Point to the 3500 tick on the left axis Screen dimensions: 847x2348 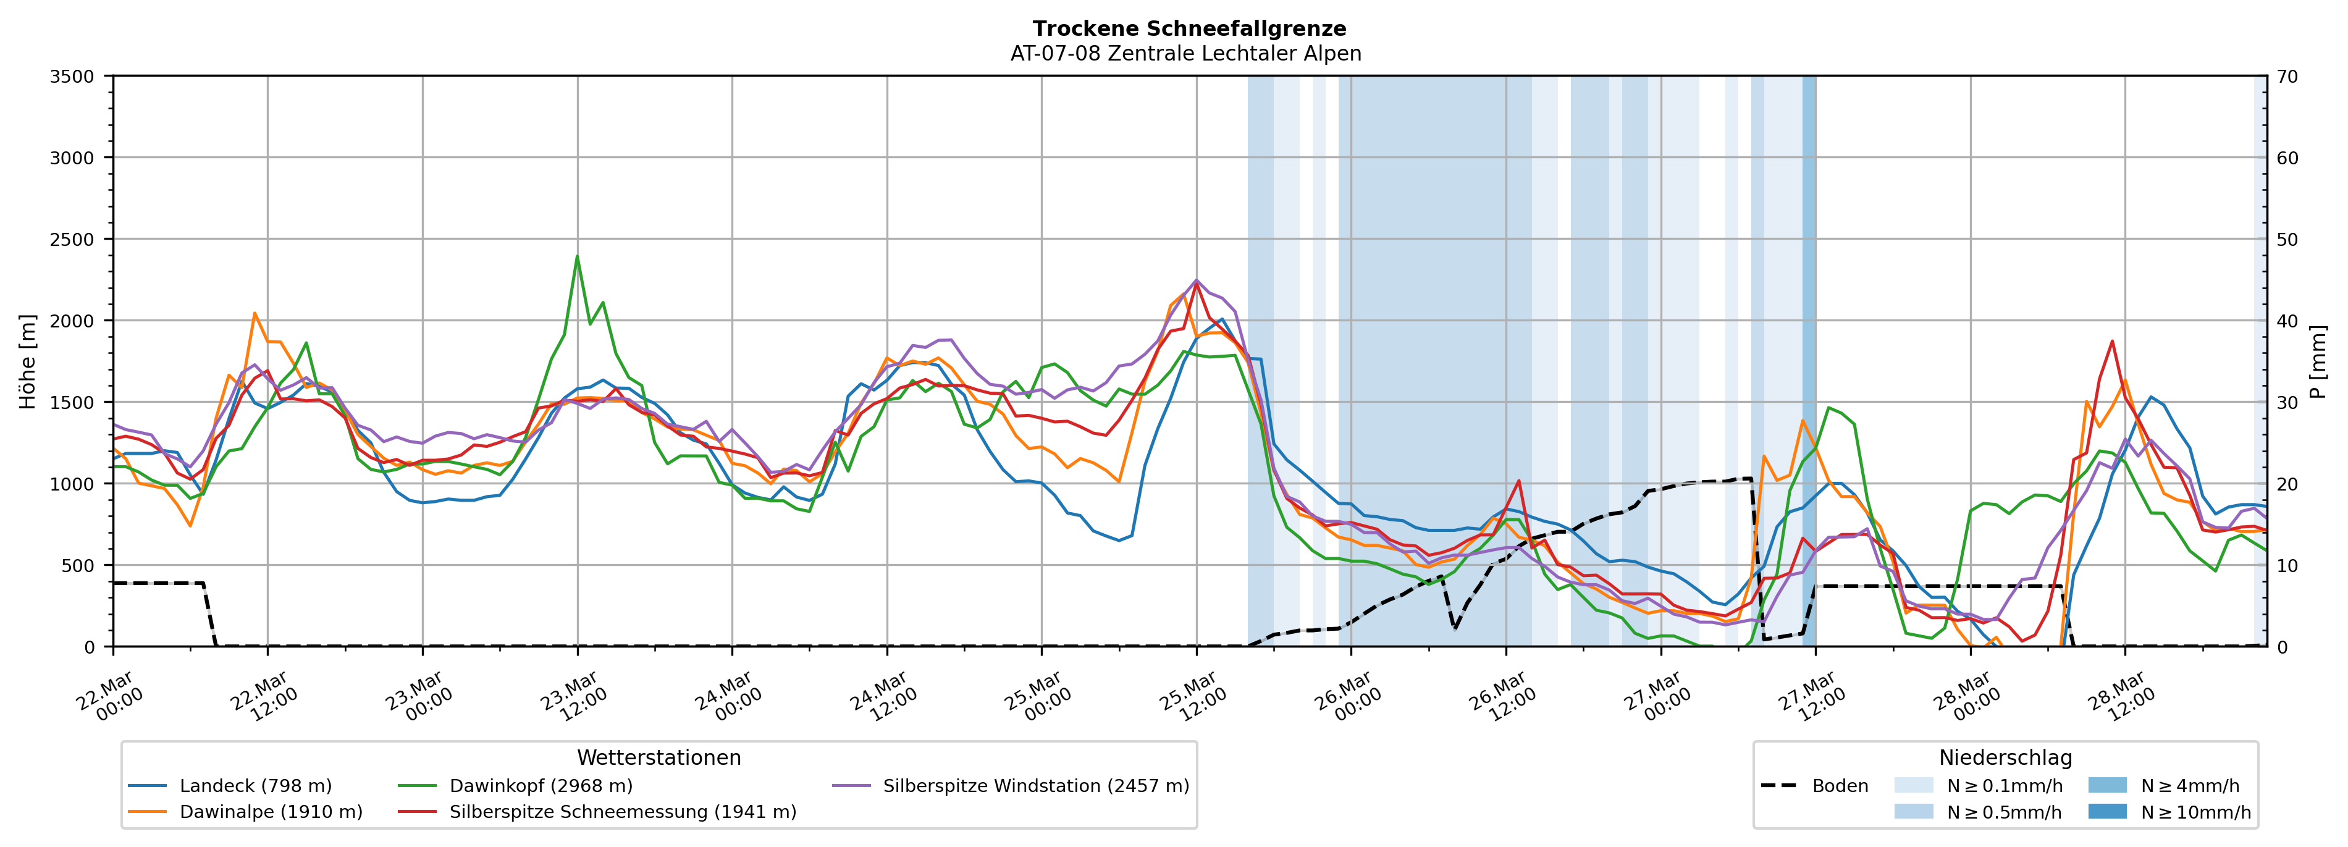[72, 77]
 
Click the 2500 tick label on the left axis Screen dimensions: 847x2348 [72, 240]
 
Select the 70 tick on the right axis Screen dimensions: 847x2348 [2287, 77]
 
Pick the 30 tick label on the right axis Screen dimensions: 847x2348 [2287, 403]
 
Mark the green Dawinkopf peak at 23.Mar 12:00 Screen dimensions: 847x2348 [577, 256]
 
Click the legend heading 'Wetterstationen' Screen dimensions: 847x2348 [659, 757]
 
